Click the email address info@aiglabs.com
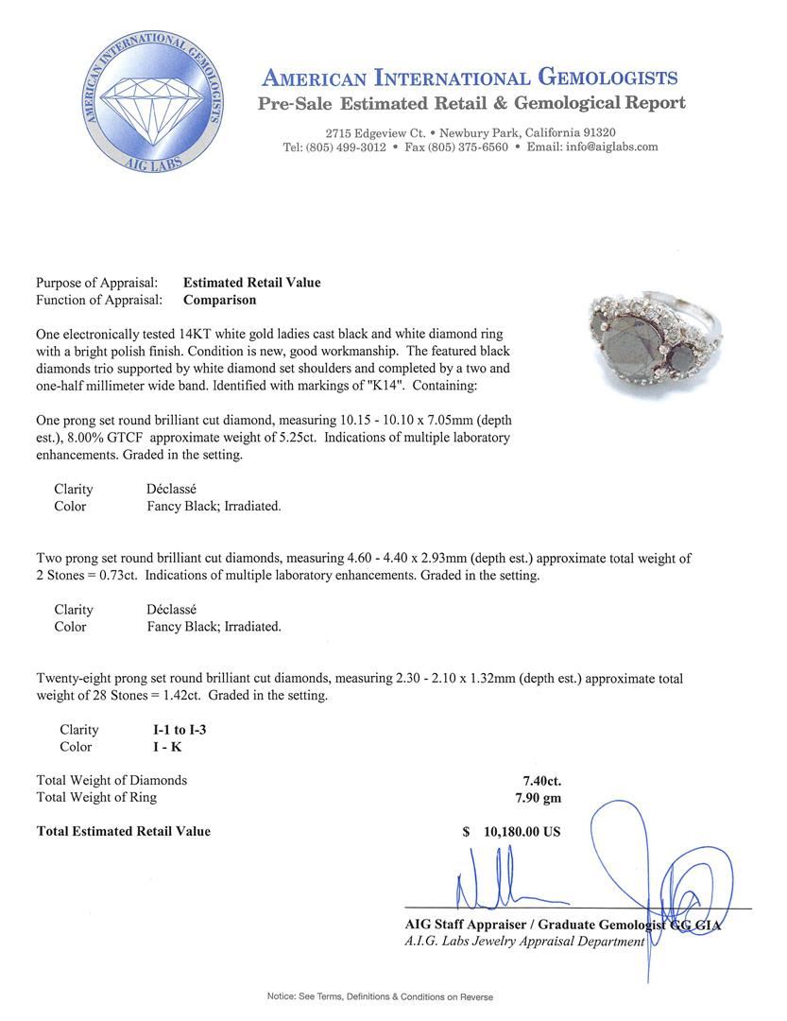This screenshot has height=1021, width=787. [605, 147]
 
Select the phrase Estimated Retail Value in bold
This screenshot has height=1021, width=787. [251, 283]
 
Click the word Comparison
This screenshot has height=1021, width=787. [219, 300]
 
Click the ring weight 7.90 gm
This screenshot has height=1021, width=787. [532, 798]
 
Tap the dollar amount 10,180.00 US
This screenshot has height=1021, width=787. [522, 832]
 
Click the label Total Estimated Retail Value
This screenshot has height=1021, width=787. [123, 832]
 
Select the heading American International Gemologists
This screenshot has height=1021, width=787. [469, 78]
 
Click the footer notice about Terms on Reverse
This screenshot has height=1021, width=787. [380, 996]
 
